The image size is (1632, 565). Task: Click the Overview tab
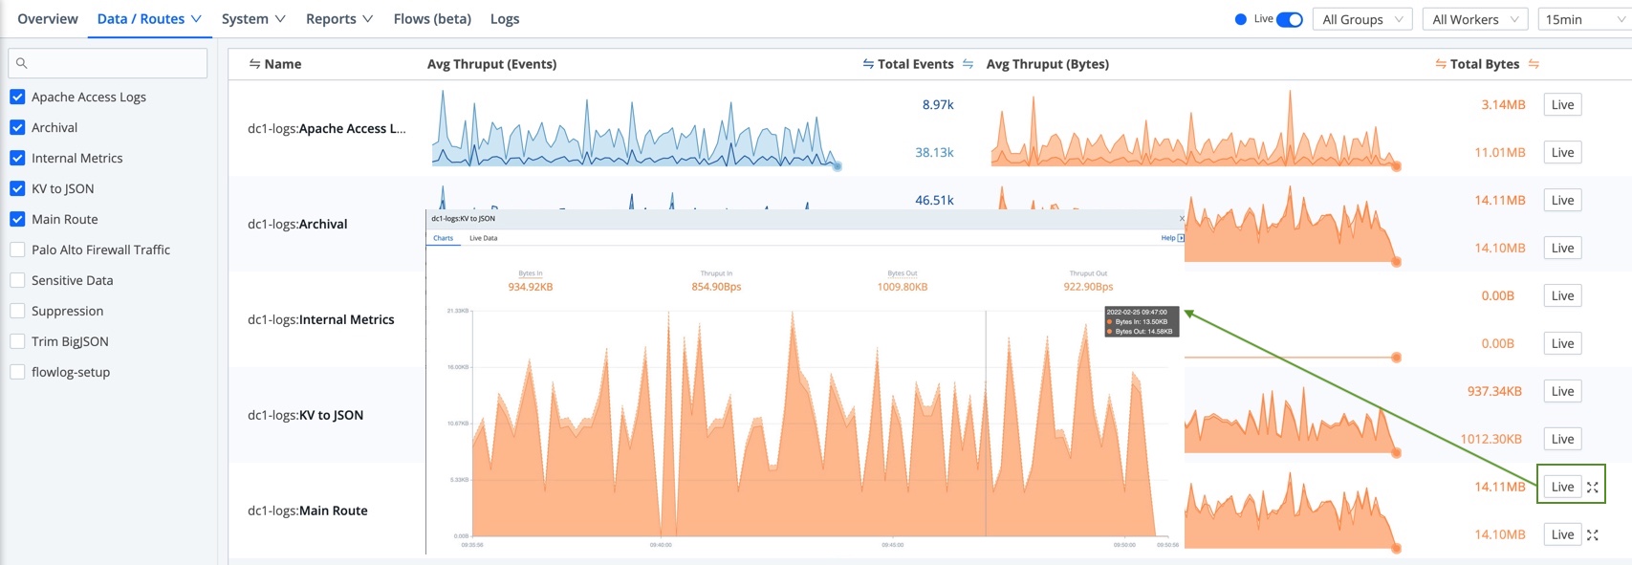(x=48, y=19)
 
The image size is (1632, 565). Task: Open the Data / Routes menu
(x=149, y=19)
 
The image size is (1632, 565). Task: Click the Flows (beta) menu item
(x=432, y=19)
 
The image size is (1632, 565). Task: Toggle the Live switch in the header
(x=1289, y=19)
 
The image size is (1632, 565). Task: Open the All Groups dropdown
(x=1362, y=19)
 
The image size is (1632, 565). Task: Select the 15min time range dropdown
(x=1582, y=19)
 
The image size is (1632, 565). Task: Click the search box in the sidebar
(x=107, y=63)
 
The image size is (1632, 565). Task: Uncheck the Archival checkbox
(x=17, y=127)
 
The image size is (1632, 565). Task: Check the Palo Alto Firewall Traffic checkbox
(x=17, y=250)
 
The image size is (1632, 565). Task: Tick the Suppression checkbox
(x=17, y=311)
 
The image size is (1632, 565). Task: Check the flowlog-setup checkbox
(x=17, y=372)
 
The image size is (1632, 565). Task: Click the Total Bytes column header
(x=1484, y=64)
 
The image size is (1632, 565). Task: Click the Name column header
(x=282, y=64)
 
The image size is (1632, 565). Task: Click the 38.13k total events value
(x=934, y=152)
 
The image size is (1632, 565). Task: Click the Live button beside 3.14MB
(x=1562, y=105)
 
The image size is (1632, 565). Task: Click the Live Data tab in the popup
(x=483, y=238)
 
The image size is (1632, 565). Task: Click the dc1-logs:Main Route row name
(x=307, y=511)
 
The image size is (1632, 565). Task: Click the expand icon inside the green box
(x=1593, y=487)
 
